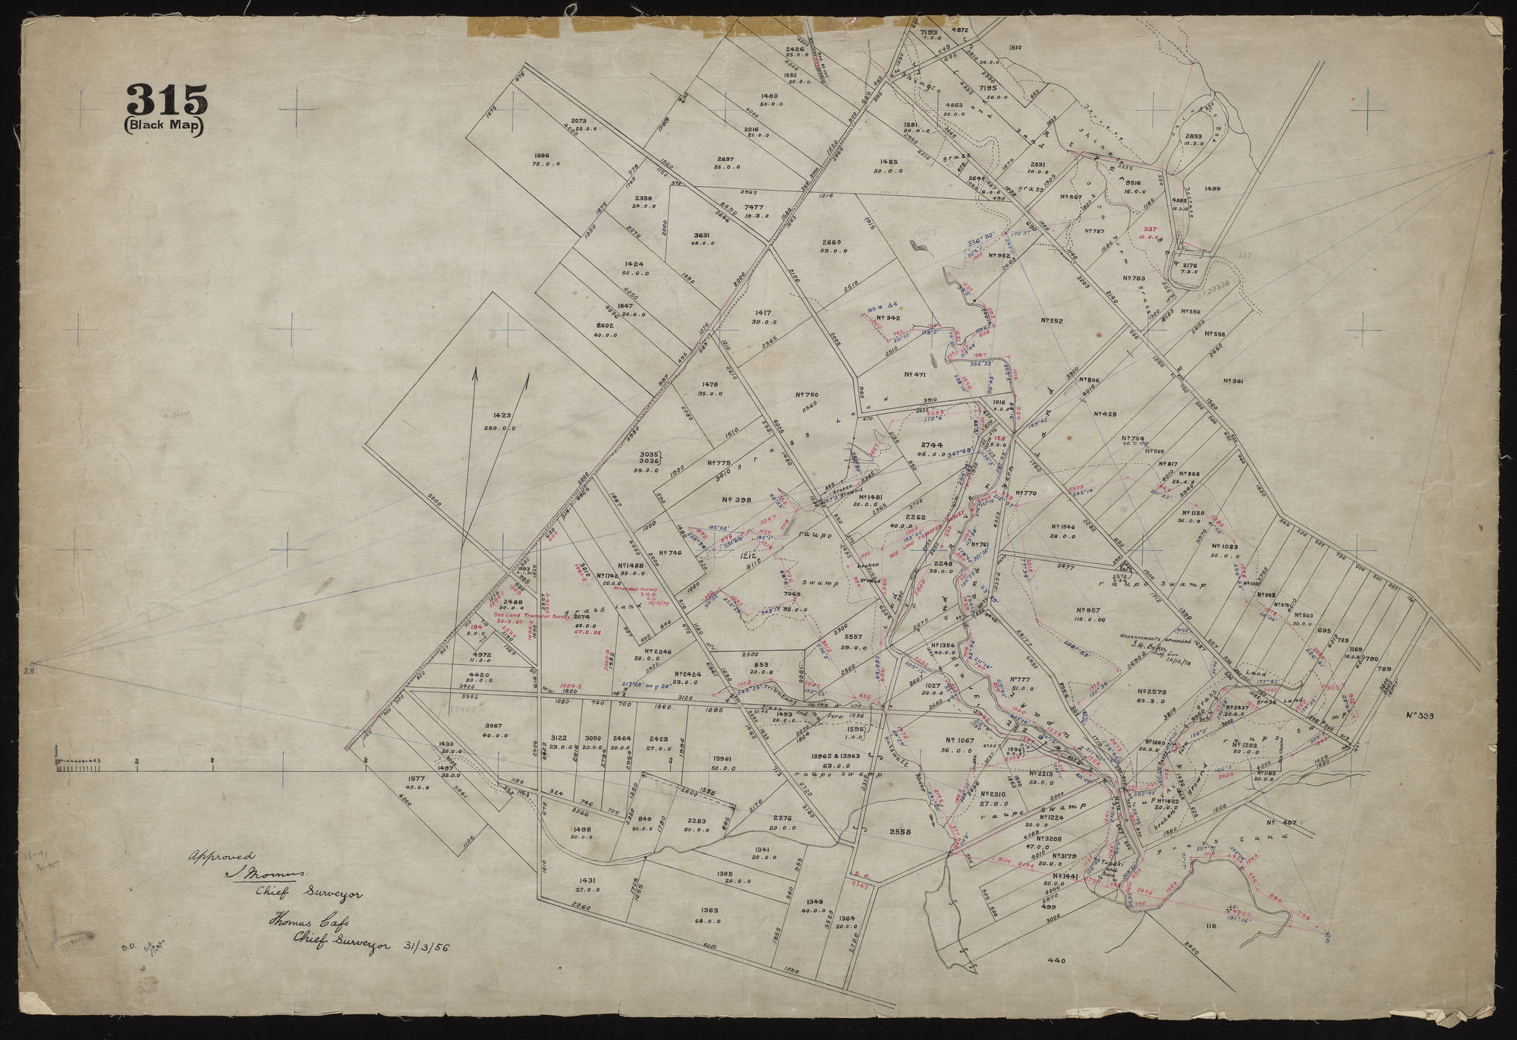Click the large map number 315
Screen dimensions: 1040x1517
tap(165, 100)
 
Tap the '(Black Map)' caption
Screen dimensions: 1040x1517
tap(165, 127)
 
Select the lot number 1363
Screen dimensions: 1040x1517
tap(710, 909)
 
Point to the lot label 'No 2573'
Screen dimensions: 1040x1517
tap(1151, 692)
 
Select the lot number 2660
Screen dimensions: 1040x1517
tap(831, 242)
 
